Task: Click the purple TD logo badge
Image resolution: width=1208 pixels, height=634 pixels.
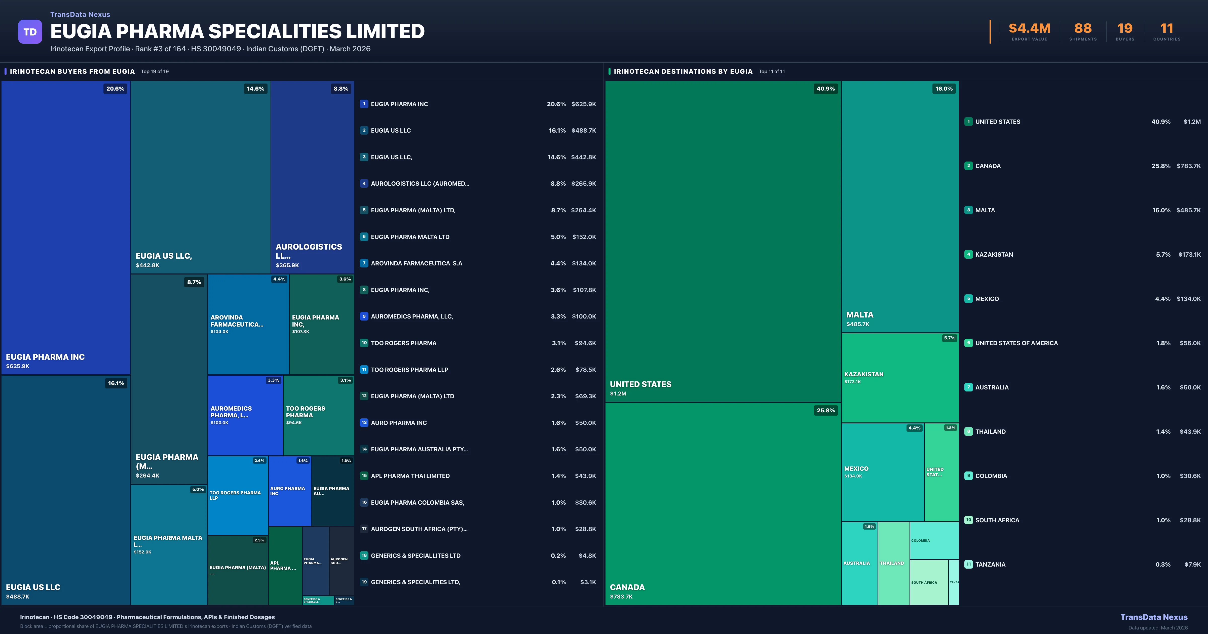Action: tap(30, 32)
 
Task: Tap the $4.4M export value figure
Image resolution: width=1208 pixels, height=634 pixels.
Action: tap(1029, 29)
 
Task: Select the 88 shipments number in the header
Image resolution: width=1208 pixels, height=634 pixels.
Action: tap(1083, 29)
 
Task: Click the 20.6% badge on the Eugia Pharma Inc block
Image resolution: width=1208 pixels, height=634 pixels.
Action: tap(115, 89)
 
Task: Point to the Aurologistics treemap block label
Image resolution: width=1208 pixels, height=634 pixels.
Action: tap(309, 251)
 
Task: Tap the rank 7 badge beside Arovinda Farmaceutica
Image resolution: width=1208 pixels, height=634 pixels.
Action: tap(364, 263)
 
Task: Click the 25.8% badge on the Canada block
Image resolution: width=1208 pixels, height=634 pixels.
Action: tap(825, 410)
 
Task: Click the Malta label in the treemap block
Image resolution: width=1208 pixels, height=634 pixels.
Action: tap(860, 315)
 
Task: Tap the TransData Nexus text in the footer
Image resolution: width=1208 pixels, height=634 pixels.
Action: tap(1154, 617)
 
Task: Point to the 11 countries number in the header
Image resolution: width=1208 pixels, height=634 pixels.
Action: tap(1166, 29)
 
